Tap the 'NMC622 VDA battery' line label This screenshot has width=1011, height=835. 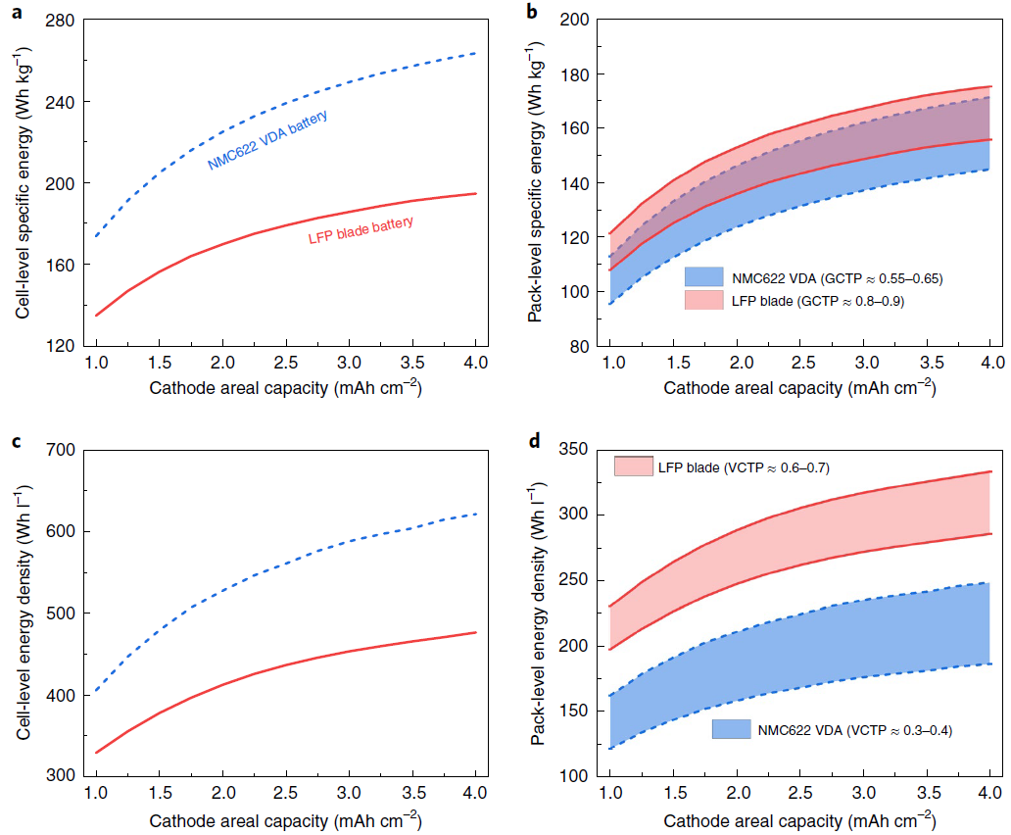pyautogui.click(x=266, y=140)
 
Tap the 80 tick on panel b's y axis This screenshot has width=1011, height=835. pyautogui.click(x=578, y=346)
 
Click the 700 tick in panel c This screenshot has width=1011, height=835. pyautogui.click(x=60, y=451)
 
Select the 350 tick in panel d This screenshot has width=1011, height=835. pyautogui.click(x=574, y=449)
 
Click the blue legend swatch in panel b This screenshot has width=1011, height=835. pyautogui.click(x=703, y=277)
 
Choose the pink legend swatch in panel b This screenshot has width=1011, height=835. pyautogui.click(x=703, y=301)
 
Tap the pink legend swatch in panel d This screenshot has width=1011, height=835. pyautogui.click(x=633, y=466)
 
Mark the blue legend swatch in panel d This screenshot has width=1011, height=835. pyautogui.click(x=731, y=728)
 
